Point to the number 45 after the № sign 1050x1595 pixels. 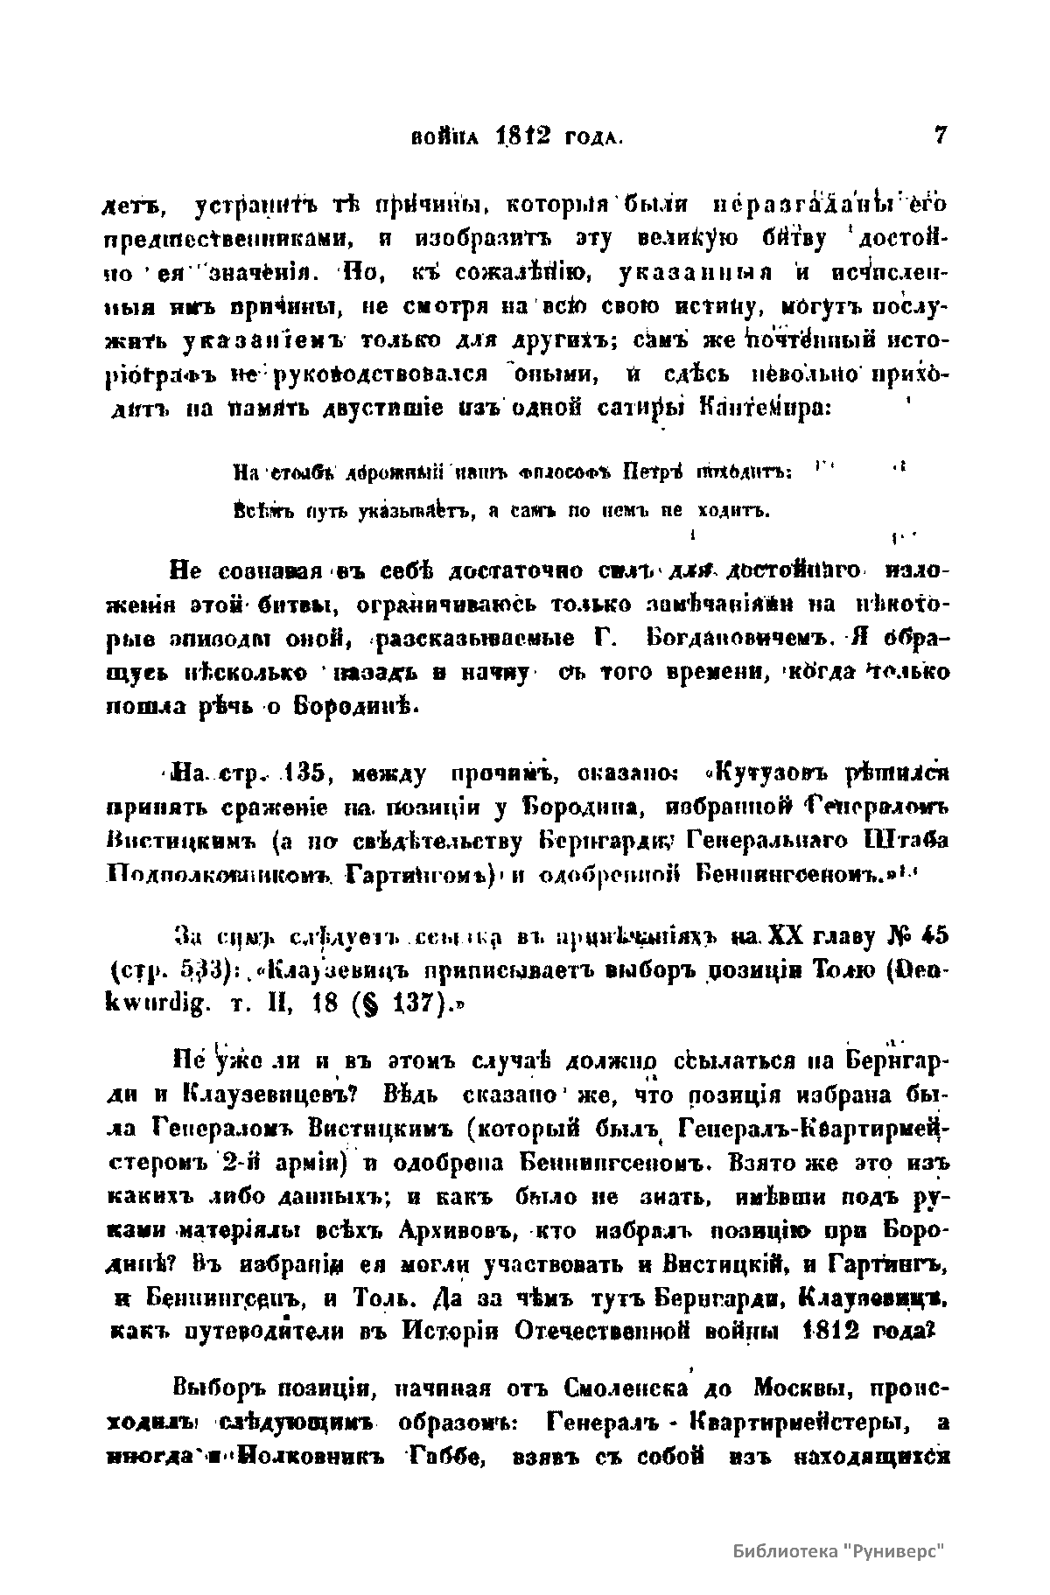[x=931, y=935]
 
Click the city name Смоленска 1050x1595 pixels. [x=619, y=1388]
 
